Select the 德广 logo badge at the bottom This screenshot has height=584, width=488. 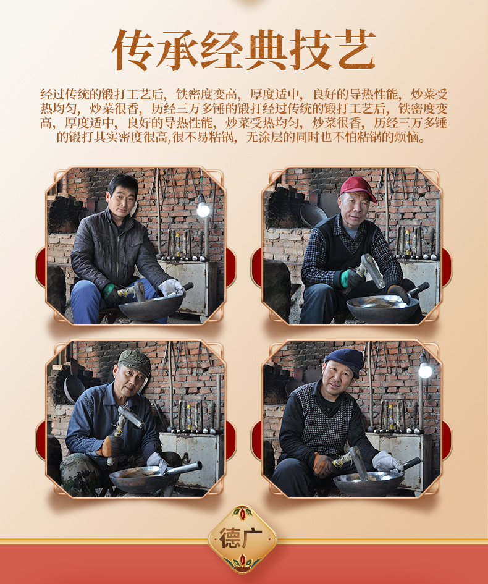[x=242, y=539]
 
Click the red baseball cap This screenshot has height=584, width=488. [x=357, y=187]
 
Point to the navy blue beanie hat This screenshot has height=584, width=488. [x=345, y=360]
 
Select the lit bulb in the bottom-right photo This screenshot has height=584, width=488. [x=425, y=369]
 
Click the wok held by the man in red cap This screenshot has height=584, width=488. [x=383, y=307]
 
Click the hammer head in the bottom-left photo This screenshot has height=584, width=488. [x=130, y=417]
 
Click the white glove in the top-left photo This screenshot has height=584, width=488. [x=171, y=287]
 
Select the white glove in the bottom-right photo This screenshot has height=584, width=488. [x=387, y=462]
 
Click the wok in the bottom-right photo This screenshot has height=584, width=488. [x=369, y=483]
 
